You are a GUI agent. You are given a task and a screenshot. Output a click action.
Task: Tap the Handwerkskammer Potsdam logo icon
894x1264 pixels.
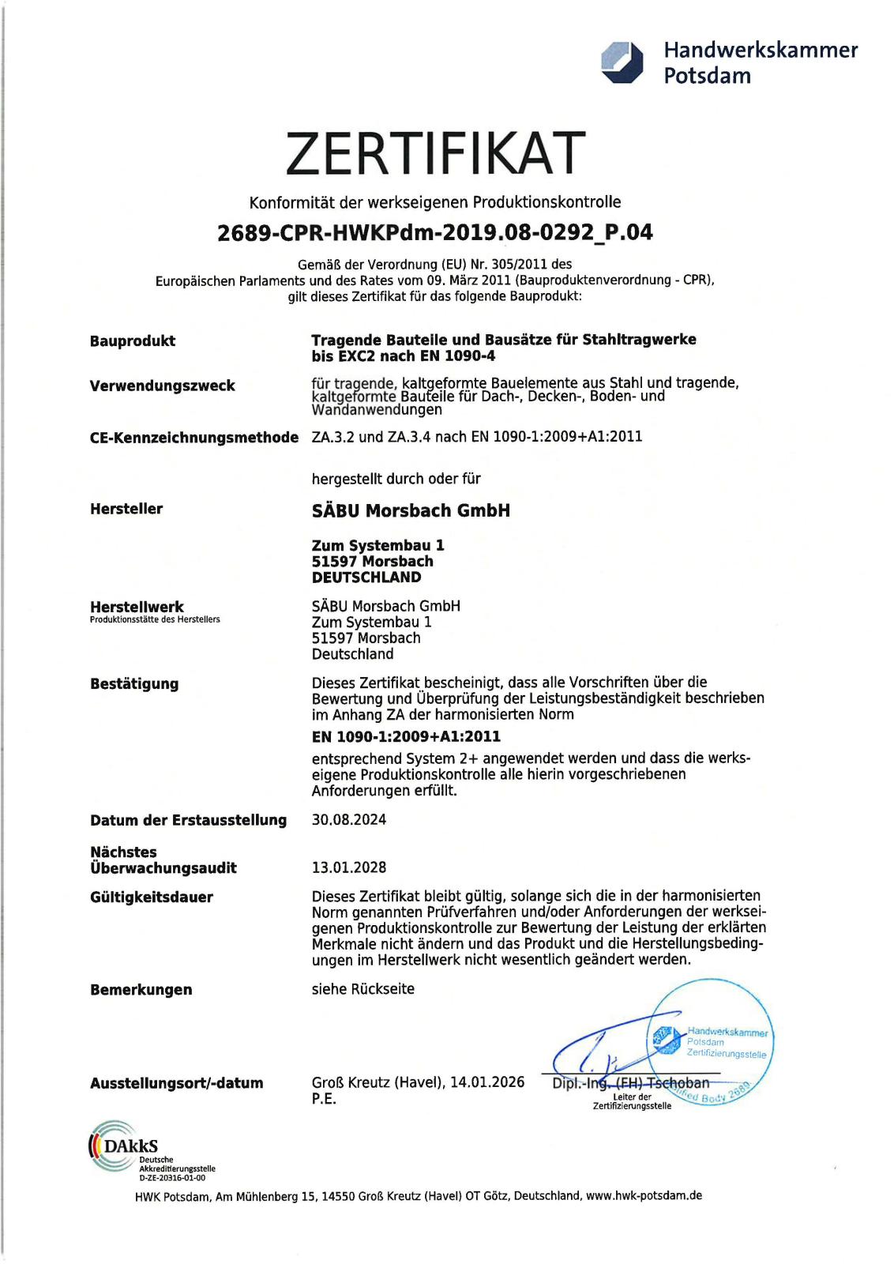622,62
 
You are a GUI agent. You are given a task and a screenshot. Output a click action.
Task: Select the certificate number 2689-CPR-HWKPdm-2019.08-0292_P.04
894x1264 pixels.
434,232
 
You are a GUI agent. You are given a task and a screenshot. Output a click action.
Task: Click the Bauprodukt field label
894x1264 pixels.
133,341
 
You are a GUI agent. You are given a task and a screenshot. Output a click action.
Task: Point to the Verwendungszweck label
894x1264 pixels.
163,386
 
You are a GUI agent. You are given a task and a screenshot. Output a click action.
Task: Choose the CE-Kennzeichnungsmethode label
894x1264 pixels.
194,438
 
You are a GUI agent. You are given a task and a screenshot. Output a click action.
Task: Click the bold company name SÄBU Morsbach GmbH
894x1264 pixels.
411,511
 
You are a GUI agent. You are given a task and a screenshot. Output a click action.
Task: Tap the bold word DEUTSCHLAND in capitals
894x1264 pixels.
366,577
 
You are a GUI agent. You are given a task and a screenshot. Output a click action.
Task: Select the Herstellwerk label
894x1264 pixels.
137,607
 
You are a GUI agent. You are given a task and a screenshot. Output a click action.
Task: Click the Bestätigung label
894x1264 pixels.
134,684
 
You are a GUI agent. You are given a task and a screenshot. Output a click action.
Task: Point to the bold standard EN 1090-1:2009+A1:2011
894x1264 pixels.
406,737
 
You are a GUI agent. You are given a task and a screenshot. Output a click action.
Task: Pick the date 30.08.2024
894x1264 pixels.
349,820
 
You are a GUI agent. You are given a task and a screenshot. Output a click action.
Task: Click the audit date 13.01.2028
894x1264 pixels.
349,867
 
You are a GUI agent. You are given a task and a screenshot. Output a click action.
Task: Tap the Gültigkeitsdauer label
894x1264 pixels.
152,897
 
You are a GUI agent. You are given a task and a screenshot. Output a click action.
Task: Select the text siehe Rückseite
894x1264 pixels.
362,989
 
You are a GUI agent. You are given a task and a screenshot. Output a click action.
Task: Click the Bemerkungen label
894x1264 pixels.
141,990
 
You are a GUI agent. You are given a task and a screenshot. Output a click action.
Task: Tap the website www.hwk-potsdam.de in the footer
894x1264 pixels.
644,1195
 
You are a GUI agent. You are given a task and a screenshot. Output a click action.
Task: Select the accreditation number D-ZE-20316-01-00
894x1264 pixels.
172,1177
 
